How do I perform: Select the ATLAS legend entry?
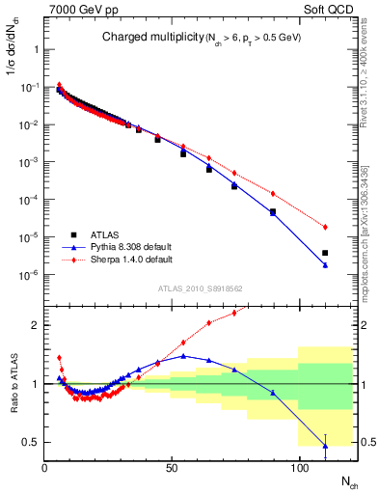click(107, 234)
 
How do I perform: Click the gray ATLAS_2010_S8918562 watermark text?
click(200, 288)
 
